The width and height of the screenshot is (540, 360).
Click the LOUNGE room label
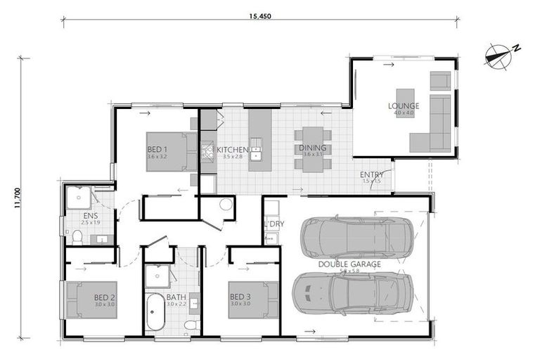(403, 107)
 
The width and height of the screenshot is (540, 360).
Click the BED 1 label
(157, 150)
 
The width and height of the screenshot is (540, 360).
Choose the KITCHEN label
(232, 150)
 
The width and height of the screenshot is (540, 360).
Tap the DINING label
(313, 148)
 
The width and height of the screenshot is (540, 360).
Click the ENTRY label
(371, 175)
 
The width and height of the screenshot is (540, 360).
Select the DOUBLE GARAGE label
(349, 264)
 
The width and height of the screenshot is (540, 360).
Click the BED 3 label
(240, 297)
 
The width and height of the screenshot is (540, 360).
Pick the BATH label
(176, 297)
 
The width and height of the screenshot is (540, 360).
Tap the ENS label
(90, 216)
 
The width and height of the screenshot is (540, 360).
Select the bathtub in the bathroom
(155, 311)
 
